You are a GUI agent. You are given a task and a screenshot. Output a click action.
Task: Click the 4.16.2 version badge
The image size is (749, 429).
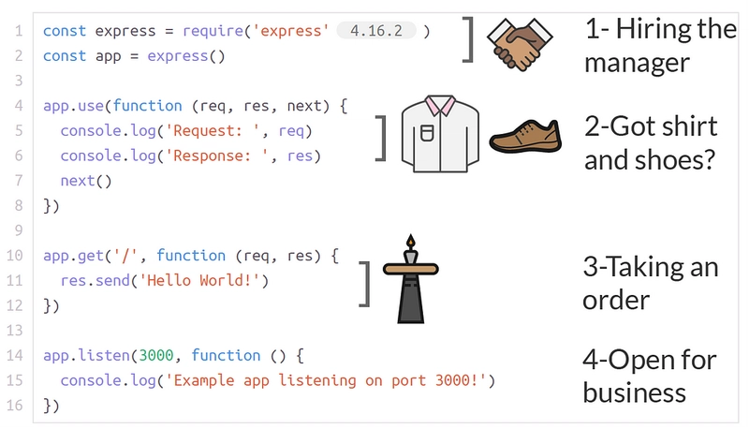point(376,31)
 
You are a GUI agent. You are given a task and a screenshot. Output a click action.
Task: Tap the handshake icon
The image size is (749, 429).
point(520,44)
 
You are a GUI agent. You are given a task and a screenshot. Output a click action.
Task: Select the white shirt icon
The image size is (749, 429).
point(440,134)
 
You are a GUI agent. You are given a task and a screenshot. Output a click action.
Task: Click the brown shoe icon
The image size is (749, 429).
point(525,136)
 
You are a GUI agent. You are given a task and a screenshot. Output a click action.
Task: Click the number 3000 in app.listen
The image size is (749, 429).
point(155,355)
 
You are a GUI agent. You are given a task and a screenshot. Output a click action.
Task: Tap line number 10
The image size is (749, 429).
point(14,256)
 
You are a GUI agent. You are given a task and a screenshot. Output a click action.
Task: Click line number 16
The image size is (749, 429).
point(14,406)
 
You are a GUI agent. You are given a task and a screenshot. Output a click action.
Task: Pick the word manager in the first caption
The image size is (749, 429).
point(637,63)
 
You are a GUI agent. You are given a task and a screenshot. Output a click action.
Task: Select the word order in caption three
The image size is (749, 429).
point(616,301)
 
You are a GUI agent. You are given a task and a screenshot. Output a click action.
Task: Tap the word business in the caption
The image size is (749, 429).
point(635,393)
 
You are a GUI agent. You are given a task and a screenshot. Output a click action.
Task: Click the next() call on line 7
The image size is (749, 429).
point(86,181)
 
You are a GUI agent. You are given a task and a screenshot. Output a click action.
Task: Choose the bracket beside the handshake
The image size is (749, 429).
point(468,39)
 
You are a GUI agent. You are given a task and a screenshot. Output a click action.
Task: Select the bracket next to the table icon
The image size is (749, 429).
point(365,284)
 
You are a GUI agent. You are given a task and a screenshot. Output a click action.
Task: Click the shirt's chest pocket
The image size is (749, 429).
point(427,133)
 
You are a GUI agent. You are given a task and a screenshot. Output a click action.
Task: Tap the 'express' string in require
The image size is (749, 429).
point(291,31)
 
